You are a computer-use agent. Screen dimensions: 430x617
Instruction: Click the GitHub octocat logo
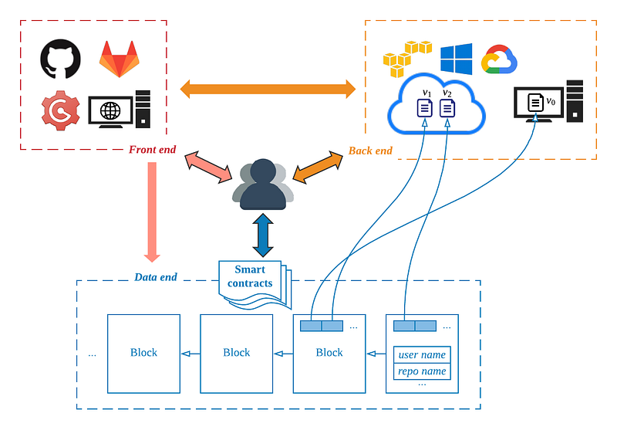[59, 59]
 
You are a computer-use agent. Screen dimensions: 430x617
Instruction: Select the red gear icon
[60, 110]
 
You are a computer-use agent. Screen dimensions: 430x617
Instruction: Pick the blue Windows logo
[456, 59]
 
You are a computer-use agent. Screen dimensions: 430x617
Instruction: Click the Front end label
[152, 150]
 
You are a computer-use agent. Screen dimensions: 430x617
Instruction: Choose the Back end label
[370, 150]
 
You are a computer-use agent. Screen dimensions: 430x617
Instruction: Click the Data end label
[156, 277]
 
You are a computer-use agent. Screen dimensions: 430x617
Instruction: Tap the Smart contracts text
[250, 276]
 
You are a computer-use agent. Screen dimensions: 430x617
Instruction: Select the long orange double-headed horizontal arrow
[268, 88]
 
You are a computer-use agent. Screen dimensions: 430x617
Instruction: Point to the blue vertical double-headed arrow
[264, 235]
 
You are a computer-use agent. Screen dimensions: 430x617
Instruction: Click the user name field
[422, 355]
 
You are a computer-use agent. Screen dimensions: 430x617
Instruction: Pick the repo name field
[422, 371]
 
